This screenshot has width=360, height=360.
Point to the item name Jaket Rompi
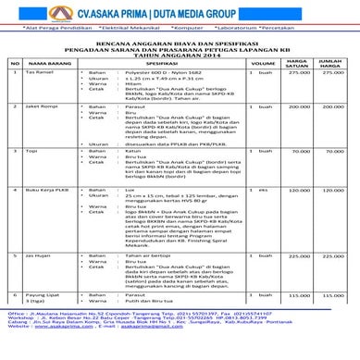click(40, 107)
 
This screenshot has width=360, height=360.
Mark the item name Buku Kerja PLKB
click(44, 189)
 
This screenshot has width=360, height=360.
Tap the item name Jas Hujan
click(37, 254)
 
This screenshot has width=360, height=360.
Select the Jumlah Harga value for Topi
click(332, 151)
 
